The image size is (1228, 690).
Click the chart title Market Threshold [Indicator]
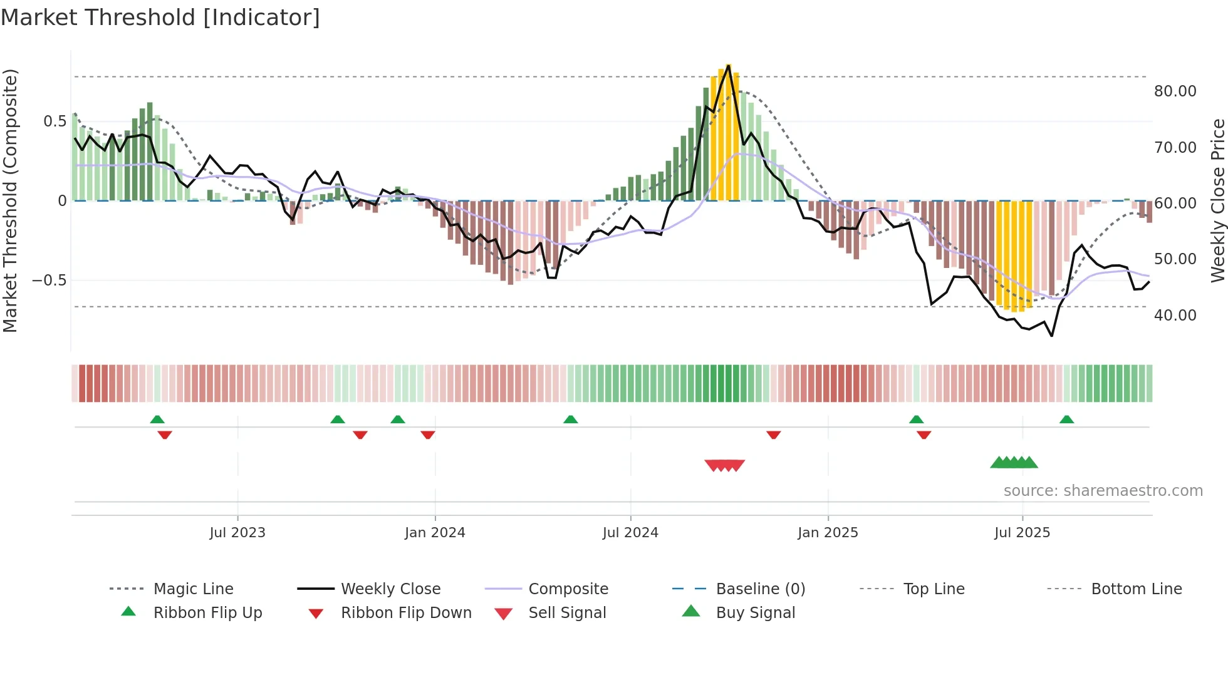160,18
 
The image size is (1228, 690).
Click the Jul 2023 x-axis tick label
237,533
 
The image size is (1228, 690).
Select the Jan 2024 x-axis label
435,533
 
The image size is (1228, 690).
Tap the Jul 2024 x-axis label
630,533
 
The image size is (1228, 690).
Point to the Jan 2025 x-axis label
828,533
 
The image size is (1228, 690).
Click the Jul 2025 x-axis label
1022,533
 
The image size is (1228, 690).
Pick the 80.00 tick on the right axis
1175,91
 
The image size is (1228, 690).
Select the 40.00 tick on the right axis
1175,316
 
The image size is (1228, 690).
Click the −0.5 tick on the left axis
49,281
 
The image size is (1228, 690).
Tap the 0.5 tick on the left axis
55,121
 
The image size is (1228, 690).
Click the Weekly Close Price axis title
1217,200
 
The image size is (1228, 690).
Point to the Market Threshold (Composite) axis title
10,200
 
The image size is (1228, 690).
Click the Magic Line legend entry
193,589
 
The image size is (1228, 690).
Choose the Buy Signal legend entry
755,613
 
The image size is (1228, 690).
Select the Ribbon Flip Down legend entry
405,613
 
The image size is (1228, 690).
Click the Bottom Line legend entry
1136,589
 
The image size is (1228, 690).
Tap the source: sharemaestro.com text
1103,491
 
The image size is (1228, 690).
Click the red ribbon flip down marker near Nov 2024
774,435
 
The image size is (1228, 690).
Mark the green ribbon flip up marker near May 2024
570,420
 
